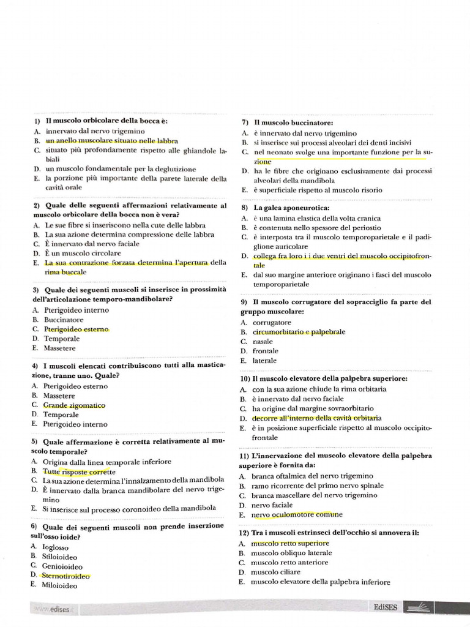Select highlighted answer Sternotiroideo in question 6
tap(65, 576)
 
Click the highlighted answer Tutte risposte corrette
tap(79, 471)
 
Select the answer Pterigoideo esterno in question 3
tap(76, 329)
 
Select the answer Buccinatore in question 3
tap(64, 320)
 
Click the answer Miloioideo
tap(60, 585)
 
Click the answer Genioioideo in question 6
tap(62, 566)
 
